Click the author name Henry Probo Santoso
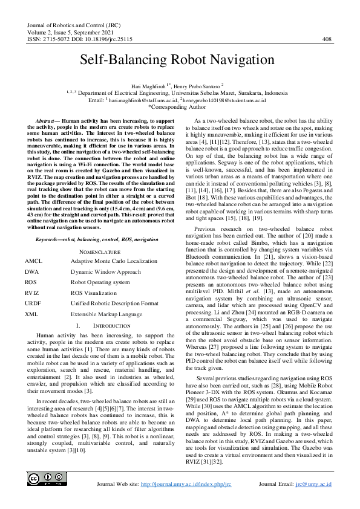coord(199,86)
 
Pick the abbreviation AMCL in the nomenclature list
coord(34,244)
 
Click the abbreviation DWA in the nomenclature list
coord(33,255)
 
